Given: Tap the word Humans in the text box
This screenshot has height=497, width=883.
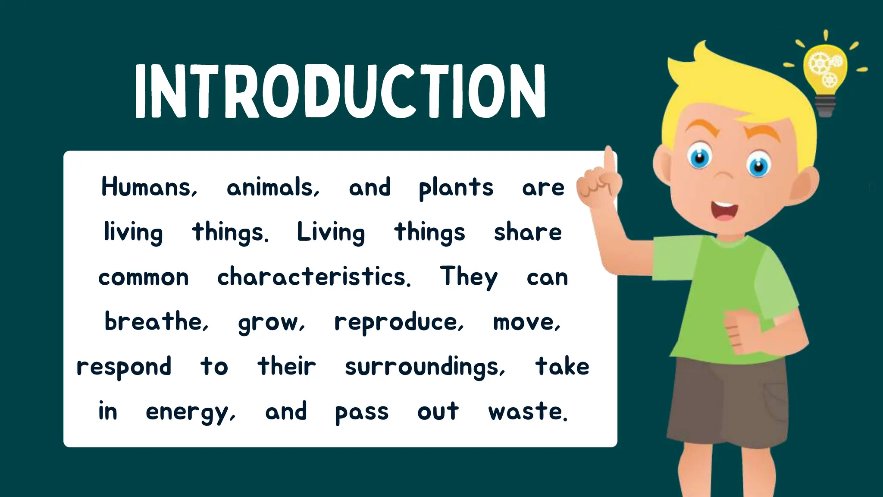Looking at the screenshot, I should pos(149,187).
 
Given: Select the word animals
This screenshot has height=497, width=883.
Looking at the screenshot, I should pos(273,187).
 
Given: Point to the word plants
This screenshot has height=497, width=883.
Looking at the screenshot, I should pos(456,188).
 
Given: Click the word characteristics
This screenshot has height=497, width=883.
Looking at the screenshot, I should pos(313,277).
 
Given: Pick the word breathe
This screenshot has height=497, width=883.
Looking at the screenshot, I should pos(156,321).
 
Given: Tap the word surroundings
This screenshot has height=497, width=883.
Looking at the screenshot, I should pos(425,367).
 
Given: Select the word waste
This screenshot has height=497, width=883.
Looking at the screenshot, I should pos(527,411).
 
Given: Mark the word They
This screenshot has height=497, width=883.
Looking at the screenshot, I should pos(469,277).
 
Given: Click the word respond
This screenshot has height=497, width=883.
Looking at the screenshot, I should pos(124,367).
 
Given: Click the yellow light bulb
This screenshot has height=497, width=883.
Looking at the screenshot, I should pos(825,69).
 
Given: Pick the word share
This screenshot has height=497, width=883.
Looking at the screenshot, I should pos(528,232).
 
